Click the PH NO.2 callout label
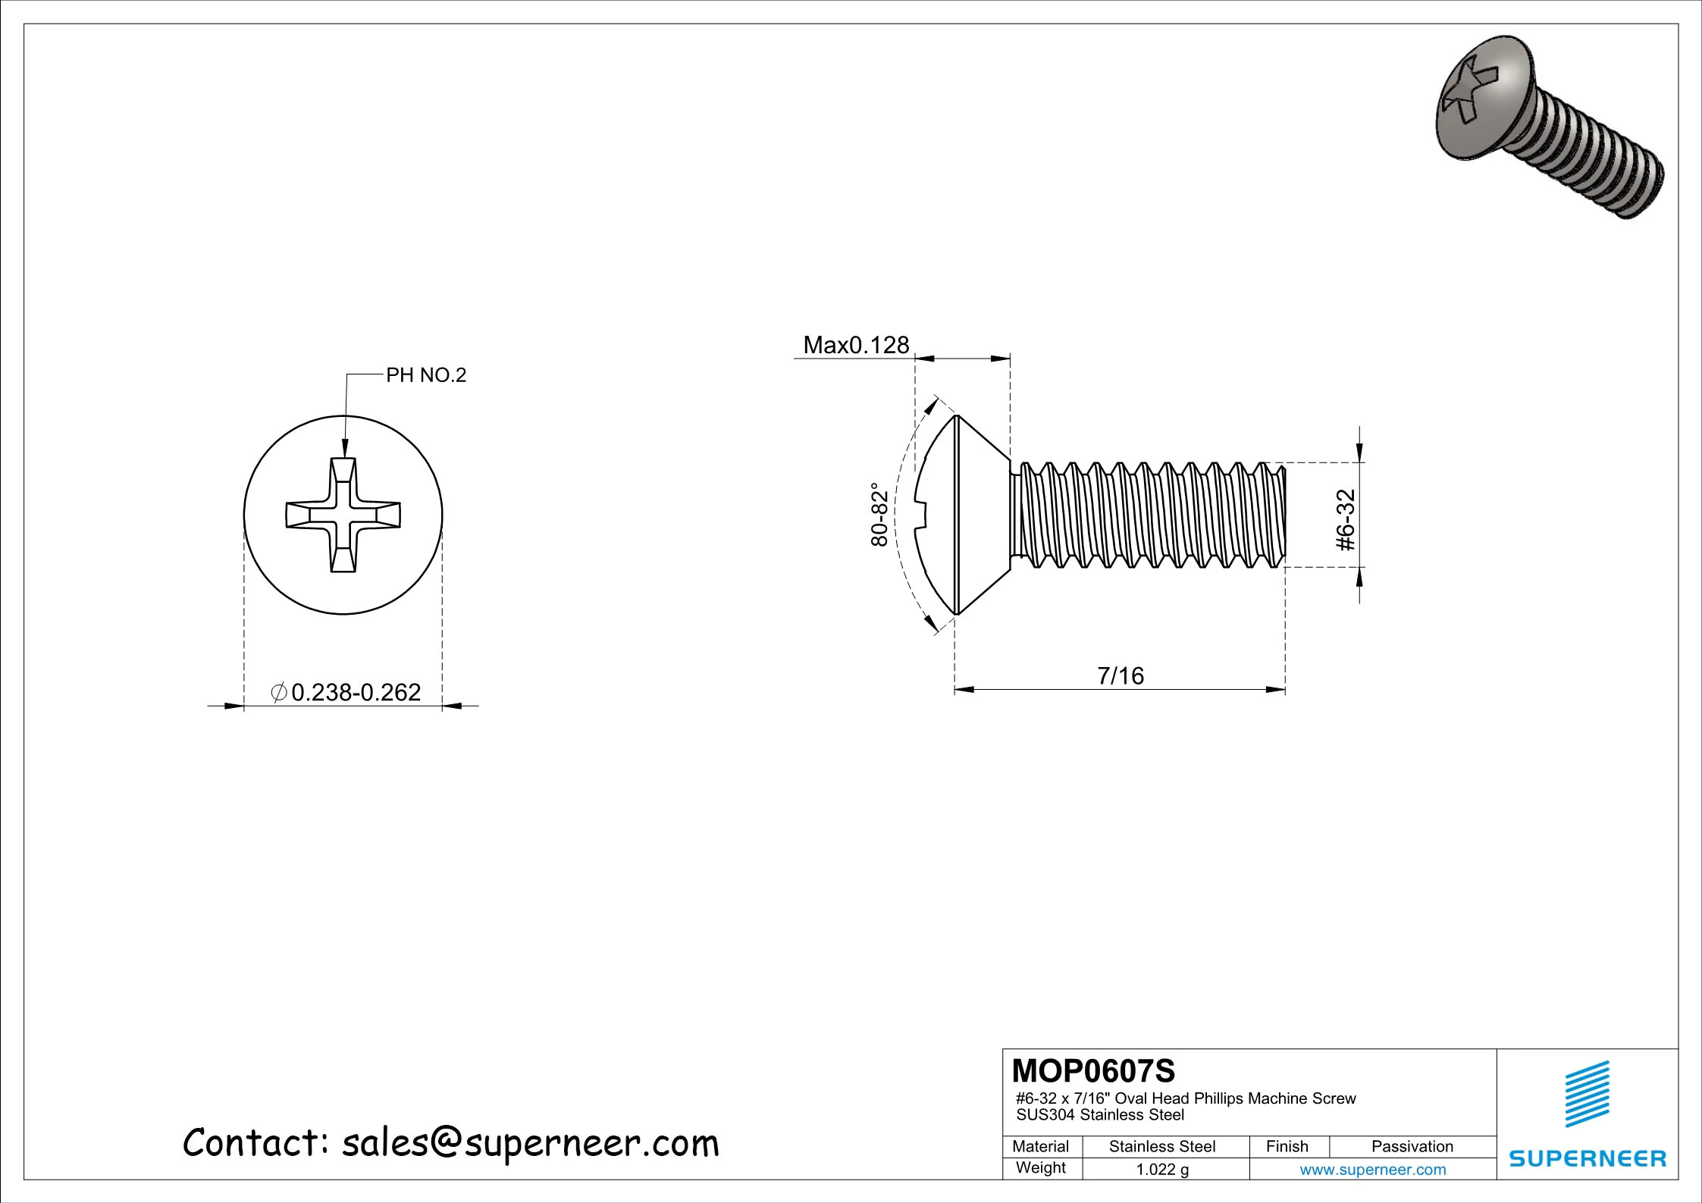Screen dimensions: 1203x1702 [x=426, y=375]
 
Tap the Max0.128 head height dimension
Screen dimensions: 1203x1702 [x=856, y=346]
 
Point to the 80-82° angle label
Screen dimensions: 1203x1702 [x=879, y=515]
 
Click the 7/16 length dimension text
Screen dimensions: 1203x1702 [x=1121, y=675]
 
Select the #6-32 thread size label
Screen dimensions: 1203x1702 [x=1346, y=520]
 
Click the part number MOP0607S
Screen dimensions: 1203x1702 [x=1094, y=1071]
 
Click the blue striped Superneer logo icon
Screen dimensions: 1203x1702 [x=1588, y=1094]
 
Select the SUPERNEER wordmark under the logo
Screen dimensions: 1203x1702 [x=1588, y=1159]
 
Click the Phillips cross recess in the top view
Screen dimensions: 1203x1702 [x=343, y=515]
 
